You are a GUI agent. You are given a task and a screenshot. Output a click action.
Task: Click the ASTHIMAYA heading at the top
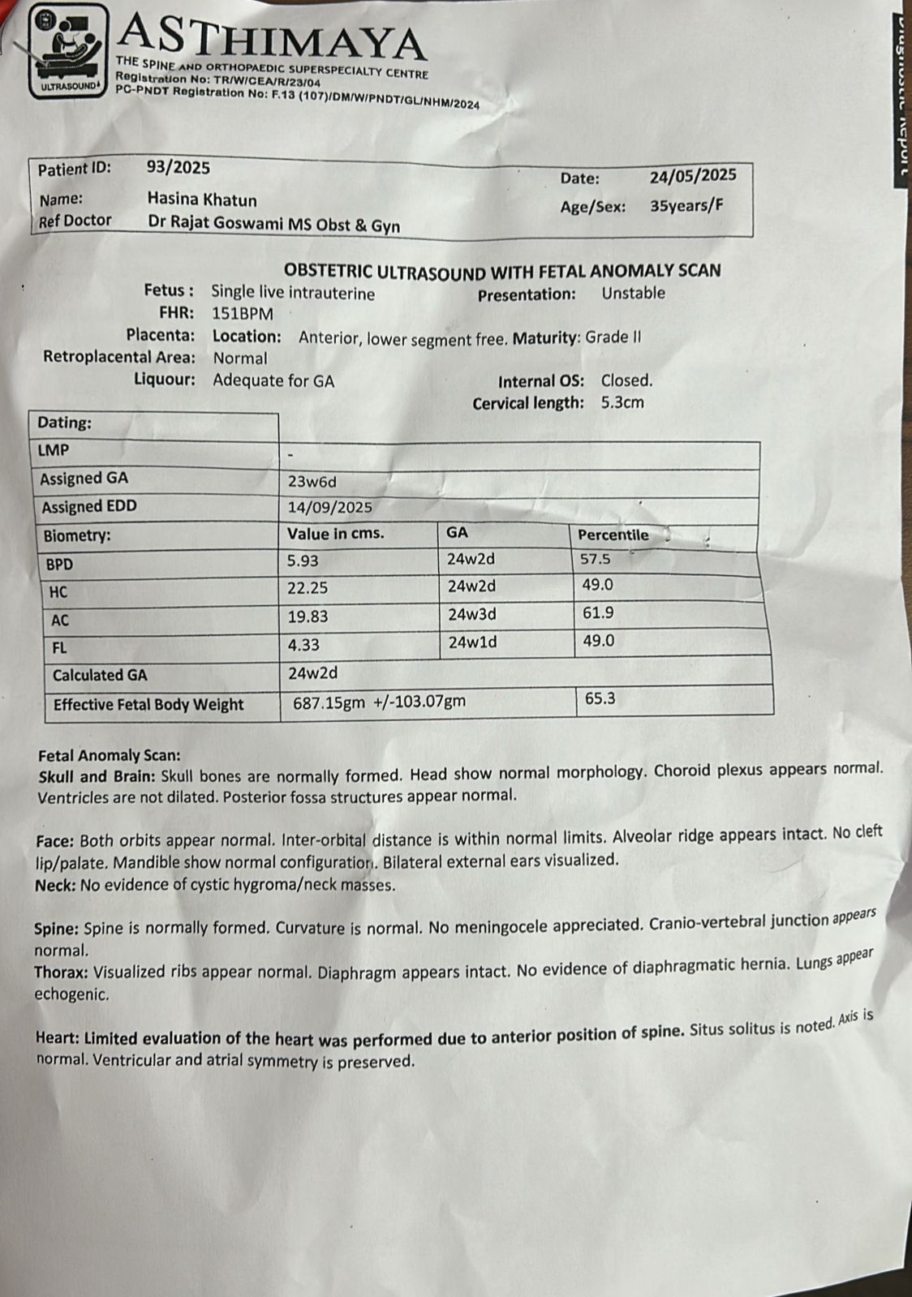273,37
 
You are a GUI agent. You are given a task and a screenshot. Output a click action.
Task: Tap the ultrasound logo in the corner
67,50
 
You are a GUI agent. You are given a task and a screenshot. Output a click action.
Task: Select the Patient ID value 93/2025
178,168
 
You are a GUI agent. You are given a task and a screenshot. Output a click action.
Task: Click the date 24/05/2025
692,175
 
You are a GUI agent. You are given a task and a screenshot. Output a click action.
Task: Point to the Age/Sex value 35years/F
686,205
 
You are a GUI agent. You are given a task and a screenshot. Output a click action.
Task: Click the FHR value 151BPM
243,314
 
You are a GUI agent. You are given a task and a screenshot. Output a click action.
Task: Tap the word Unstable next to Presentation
633,294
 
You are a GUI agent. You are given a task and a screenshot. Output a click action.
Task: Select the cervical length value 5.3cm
622,402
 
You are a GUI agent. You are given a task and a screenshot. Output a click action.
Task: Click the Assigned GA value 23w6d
312,482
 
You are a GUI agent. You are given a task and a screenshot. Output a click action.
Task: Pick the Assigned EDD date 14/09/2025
330,508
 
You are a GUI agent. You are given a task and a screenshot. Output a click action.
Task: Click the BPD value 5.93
303,561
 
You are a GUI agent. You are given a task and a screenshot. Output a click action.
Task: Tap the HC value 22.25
308,589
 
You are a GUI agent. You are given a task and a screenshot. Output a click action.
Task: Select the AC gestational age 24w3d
471,615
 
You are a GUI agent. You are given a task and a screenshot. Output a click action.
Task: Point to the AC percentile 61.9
598,613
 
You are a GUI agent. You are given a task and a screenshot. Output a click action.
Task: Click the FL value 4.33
303,646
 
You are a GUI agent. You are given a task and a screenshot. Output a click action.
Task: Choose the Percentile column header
613,535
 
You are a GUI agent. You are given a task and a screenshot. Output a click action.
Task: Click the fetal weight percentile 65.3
600,698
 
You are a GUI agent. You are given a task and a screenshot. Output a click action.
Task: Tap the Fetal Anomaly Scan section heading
110,755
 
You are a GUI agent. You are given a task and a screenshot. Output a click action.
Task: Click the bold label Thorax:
62,973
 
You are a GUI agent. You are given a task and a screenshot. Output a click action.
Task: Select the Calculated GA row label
100,675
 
